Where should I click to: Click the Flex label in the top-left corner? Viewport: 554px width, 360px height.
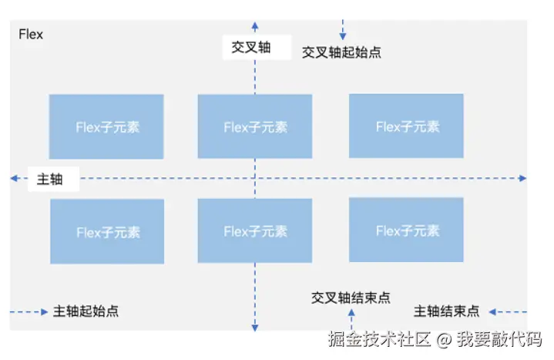(31, 35)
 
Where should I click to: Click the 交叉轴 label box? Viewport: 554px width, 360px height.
(251, 47)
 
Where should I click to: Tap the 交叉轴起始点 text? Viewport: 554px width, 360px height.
(341, 52)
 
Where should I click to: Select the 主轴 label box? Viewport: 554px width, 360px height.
(50, 179)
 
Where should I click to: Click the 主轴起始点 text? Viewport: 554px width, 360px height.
(86, 311)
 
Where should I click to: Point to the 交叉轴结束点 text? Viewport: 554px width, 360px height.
(351, 297)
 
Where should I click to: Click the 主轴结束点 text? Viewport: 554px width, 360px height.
(446, 311)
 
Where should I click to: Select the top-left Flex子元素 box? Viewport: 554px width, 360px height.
(106, 127)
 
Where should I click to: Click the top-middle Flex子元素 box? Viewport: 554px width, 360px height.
(255, 126)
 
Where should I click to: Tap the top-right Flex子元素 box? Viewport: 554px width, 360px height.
(406, 126)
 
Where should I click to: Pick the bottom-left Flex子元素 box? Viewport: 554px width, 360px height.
(106, 231)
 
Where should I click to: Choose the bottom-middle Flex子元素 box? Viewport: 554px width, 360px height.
(255, 230)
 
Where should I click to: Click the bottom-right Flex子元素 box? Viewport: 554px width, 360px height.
(406, 230)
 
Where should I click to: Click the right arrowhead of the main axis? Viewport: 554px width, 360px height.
(522, 178)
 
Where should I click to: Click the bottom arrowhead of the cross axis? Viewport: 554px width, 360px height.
(255, 328)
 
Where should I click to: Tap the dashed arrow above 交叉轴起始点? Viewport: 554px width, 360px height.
(342, 30)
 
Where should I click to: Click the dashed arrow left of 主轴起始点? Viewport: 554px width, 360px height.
(28, 311)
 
